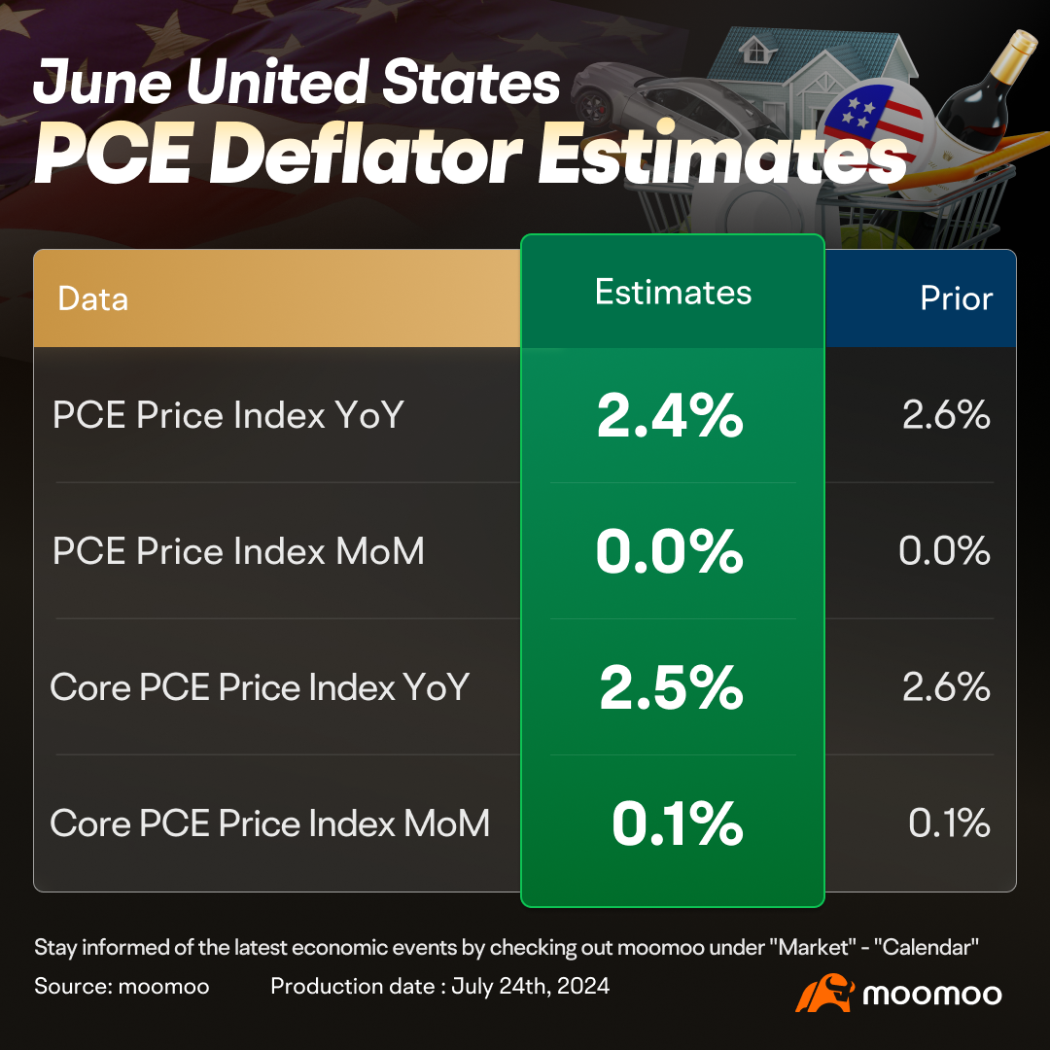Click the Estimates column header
coord(673,293)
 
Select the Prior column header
coord(957,298)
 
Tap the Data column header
coord(93,298)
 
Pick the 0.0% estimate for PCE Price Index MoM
coord(670,551)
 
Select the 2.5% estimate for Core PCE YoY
coord(671,687)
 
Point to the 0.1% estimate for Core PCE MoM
coord(677,823)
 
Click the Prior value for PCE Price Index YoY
coord(946,415)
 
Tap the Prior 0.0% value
coord(944,551)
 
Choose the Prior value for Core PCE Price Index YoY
coord(946,687)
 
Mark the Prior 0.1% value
coord(949,823)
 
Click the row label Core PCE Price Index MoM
coord(269,823)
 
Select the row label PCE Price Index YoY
coord(227,415)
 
